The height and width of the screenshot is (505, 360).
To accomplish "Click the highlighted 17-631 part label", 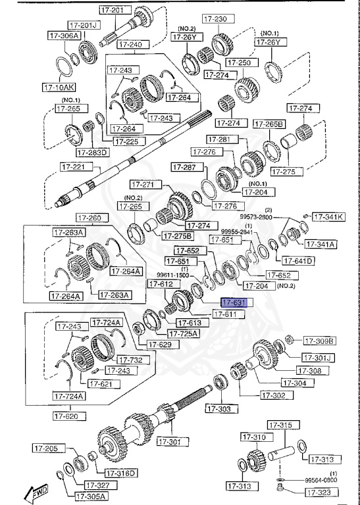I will [x=233, y=303].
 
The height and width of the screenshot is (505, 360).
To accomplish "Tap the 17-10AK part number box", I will [x=59, y=86].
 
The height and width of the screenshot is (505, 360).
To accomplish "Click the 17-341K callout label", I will [x=328, y=216].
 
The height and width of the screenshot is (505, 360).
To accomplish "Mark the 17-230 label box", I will [x=217, y=20].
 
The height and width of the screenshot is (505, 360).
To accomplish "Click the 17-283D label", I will [x=92, y=153].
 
